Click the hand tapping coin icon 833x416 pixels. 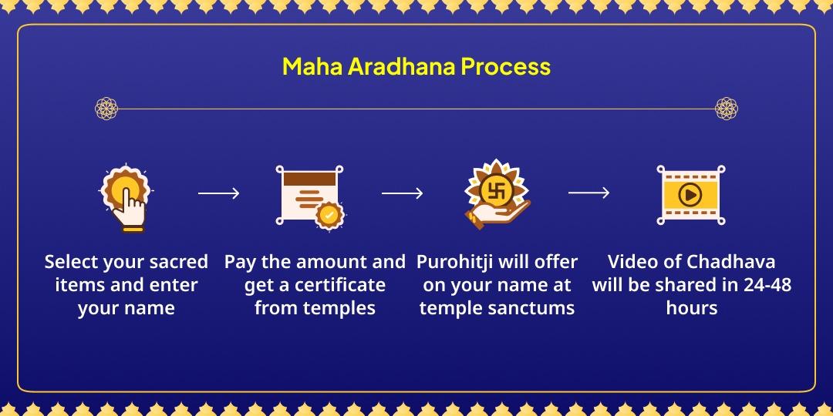pyautogui.click(x=126, y=196)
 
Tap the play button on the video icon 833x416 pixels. pyautogui.click(x=689, y=195)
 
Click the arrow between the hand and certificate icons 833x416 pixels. pyautogui.click(x=218, y=193)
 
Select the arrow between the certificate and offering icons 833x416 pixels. pyautogui.click(x=402, y=193)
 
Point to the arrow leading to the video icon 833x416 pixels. pyautogui.click(x=588, y=193)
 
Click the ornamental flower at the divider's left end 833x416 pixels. pyautogui.click(x=106, y=109)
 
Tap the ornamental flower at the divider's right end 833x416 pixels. pyautogui.click(x=727, y=109)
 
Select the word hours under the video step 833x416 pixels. pyautogui.click(x=692, y=308)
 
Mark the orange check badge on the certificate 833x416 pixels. pyautogui.click(x=330, y=215)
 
